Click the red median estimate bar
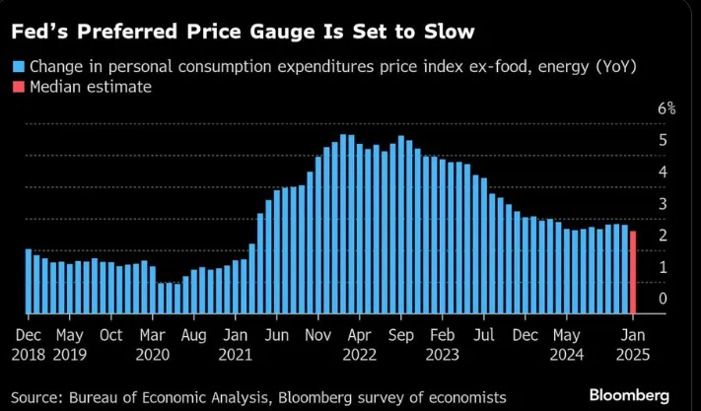click(632, 272)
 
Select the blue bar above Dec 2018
click(29, 281)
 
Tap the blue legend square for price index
click(18, 67)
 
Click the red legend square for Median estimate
click(18, 88)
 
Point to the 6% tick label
click(666, 109)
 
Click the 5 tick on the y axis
click(663, 140)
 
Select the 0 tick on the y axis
click(663, 299)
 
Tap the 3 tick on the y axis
click(663, 204)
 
